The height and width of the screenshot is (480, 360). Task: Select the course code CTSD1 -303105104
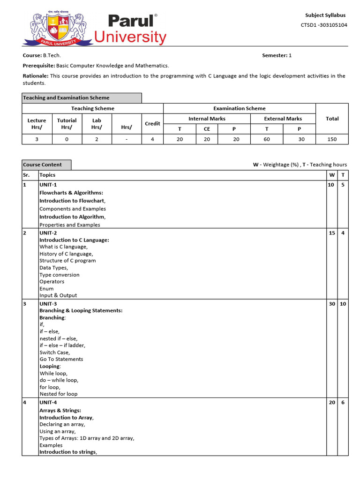click(x=324, y=25)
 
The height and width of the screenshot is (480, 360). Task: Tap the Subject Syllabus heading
click(x=325, y=15)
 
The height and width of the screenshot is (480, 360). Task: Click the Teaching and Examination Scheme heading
click(x=66, y=98)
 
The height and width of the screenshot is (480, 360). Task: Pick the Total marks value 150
click(x=332, y=139)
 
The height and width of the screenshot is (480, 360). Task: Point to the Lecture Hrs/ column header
click(x=37, y=124)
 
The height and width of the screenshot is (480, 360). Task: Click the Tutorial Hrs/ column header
click(x=67, y=124)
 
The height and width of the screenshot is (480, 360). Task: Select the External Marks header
click(x=283, y=119)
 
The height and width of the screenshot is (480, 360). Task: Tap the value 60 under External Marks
click(x=267, y=139)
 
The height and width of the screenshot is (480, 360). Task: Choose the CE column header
click(x=207, y=129)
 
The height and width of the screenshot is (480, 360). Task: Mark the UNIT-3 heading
click(x=48, y=304)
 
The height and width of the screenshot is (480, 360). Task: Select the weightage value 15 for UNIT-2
click(x=332, y=233)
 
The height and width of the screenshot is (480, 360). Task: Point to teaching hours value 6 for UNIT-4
click(x=343, y=403)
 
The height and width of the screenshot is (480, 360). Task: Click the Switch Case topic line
click(x=54, y=352)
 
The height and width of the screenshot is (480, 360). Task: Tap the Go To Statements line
click(x=61, y=359)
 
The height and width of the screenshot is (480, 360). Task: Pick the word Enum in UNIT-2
click(x=46, y=289)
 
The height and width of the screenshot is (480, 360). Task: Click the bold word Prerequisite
click(x=38, y=66)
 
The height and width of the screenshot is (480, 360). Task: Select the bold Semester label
click(x=274, y=55)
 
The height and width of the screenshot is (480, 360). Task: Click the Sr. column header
click(x=26, y=175)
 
